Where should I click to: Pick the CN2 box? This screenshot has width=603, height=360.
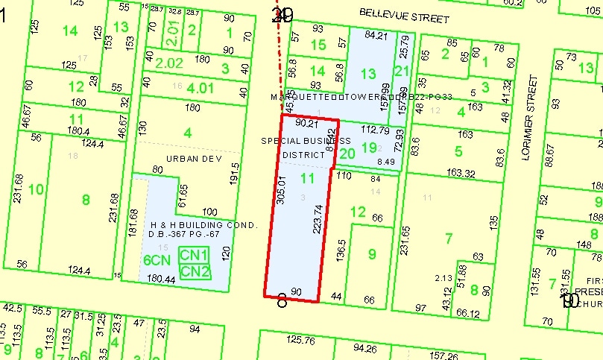click(195, 271)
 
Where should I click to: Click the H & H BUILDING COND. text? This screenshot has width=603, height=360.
click(203, 225)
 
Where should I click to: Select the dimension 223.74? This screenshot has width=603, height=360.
click(319, 218)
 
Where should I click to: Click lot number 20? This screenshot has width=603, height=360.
click(347, 154)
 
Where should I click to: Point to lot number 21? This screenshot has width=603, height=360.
click(402, 72)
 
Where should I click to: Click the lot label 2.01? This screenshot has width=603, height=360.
click(173, 31)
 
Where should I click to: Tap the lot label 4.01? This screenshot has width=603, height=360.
click(200, 89)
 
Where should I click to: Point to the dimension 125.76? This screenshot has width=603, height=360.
click(301, 341)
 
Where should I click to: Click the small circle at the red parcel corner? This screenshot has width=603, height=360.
click(282, 302)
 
